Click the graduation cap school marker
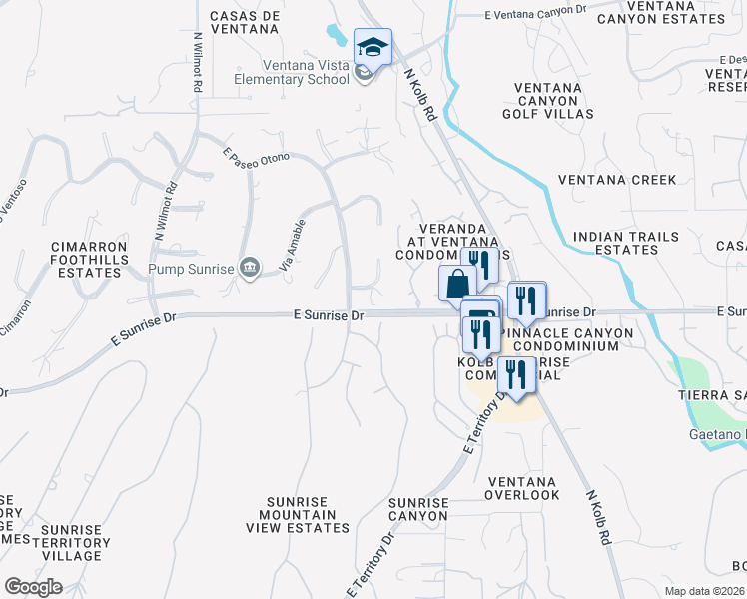click(373, 47)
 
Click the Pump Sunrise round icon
click(250, 267)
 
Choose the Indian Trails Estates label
click(626, 243)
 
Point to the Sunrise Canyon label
click(418, 509)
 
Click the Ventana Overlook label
click(523, 488)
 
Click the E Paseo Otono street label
click(256, 158)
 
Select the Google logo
click(33, 587)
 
